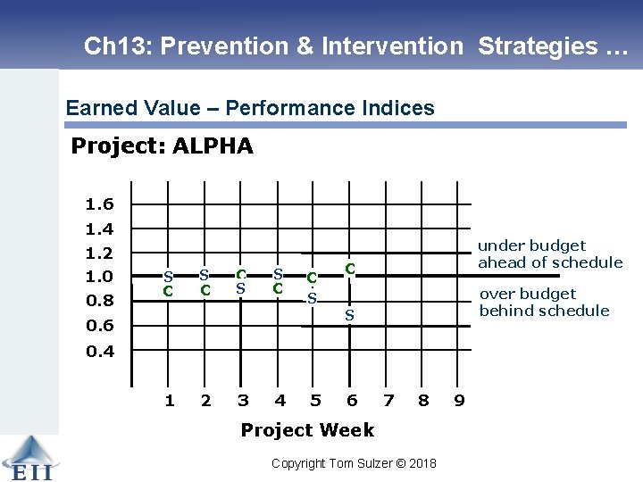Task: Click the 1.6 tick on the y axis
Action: [x=99, y=204]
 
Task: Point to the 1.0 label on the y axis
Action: [x=99, y=277]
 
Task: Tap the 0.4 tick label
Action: [x=99, y=351]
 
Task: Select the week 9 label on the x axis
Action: [x=459, y=400]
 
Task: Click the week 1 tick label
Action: [x=169, y=400]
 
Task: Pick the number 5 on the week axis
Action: [x=315, y=400]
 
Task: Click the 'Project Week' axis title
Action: [x=307, y=430]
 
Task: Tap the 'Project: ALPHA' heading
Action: [x=162, y=145]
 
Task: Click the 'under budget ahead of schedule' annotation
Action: [x=549, y=253]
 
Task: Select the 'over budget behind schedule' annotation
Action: [x=544, y=302]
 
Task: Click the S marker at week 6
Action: [x=350, y=315]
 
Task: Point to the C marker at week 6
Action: [x=351, y=267]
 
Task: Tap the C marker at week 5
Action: [x=312, y=278]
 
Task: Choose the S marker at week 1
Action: [x=167, y=276]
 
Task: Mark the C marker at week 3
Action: [x=241, y=274]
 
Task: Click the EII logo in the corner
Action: [x=29, y=459]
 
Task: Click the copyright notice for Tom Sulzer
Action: [x=354, y=463]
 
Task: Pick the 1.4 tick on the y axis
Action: [x=99, y=229]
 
